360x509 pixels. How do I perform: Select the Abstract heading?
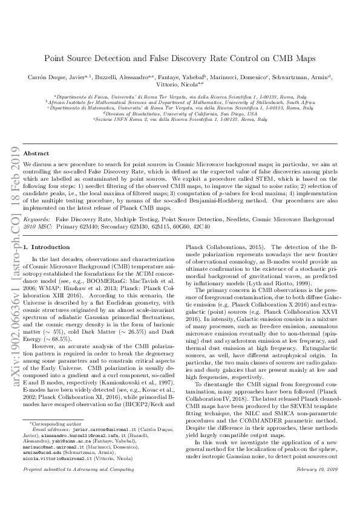pos(36,154)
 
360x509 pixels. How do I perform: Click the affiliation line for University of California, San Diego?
pos(180,113)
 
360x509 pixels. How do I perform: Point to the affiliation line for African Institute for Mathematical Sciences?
pos(180,102)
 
